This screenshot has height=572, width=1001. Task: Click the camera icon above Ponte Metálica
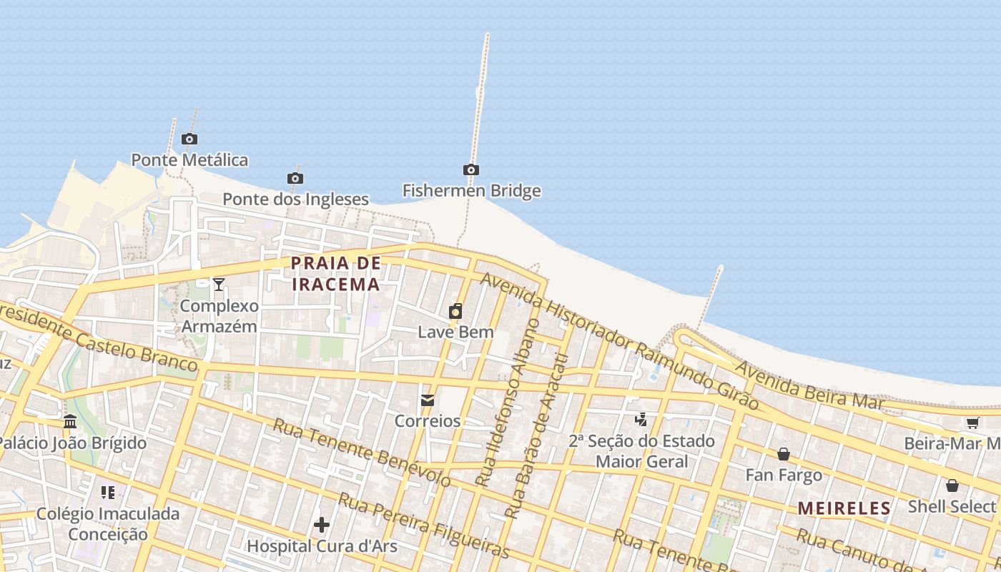pyautogui.click(x=189, y=139)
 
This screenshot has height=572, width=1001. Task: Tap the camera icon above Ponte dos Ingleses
pyautogui.click(x=295, y=178)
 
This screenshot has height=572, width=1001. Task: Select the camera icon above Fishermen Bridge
pyautogui.click(x=471, y=169)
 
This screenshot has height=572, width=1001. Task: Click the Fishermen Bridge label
pyautogui.click(x=471, y=191)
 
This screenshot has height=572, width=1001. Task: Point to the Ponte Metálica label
pyautogui.click(x=189, y=159)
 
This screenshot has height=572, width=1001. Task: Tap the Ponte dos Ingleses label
pyautogui.click(x=295, y=199)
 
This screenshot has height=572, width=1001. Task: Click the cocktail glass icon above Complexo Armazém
pyautogui.click(x=219, y=285)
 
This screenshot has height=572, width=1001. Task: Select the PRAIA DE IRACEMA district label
pyautogui.click(x=335, y=274)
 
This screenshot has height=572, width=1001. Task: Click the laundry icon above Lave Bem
pyautogui.click(x=455, y=311)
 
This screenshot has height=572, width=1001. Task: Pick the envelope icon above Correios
pyautogui.click(x=428, y=400)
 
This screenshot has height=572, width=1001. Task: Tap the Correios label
pyautogui.click(x=428, y=421)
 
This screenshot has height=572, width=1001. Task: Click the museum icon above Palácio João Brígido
pyautogui.click(x=70, y=422)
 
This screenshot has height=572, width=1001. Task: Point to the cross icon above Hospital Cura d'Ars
pyautogui.click(x=322, y=526)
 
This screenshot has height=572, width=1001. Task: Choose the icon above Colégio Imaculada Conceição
pyautogui.click(x=108, y=492)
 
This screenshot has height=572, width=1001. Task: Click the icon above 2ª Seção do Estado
pyautogui.click(x=641, y=420)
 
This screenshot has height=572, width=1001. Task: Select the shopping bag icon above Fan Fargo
pyautogui.click(x=784, y=454)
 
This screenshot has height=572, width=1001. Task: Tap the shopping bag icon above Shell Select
pyautogui.click(x=952, y=486)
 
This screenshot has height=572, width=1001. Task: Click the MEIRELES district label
pyautogui.click(x=844, y=508)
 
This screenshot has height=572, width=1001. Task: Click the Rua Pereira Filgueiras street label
pyautogui.click(x=423, y=526)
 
